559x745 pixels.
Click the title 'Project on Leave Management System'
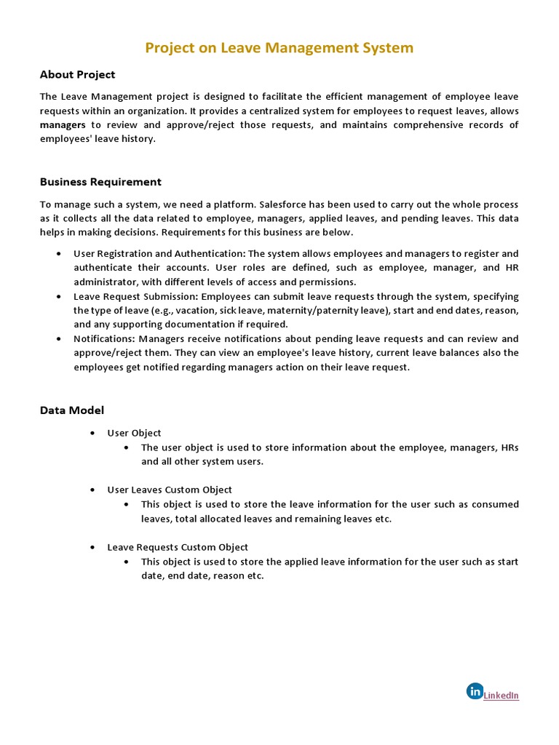[x=279, y=48]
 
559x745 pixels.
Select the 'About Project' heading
[x=77, y=74]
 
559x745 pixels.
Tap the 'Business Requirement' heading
[x=100, y=182]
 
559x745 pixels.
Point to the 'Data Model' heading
[x=71, y=410]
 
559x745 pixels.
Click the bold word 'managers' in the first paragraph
[x=63, y=125]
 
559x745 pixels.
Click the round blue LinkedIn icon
[x=475, y=691]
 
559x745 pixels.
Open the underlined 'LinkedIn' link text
[x=501, y=696]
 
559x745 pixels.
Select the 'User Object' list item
[x=134, y=433]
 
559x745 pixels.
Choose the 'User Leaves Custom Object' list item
[x=170, y=490]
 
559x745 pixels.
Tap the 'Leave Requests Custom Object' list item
[x=178, y=547]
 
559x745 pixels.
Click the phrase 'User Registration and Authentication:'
[x=159, y=254]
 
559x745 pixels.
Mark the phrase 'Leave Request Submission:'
[x=135, y=297]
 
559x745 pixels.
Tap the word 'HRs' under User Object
[x=510, y=447]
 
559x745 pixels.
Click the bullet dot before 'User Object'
[x=92, y=433]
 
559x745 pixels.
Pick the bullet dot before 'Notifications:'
[x=58, y=339]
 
